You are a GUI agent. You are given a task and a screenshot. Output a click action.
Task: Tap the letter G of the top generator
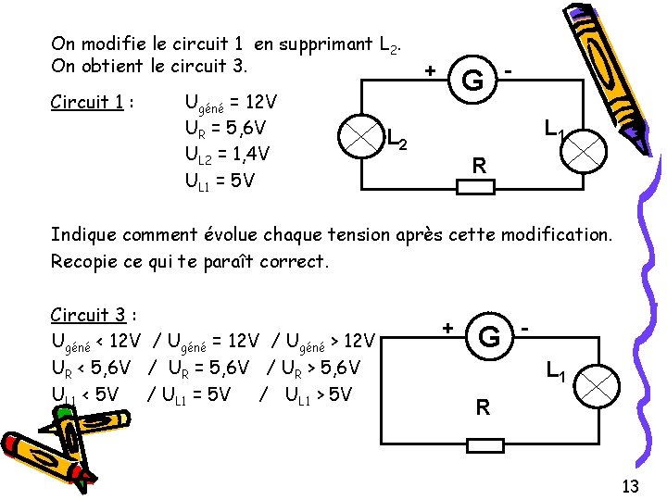472,81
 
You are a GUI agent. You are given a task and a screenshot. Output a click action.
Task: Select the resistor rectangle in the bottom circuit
485,446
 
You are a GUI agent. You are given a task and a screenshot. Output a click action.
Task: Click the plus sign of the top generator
430,70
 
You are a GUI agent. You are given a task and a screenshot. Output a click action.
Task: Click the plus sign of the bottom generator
447,328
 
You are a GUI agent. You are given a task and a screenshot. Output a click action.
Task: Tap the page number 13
630,486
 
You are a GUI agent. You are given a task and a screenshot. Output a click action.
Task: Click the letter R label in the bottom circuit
483,406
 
